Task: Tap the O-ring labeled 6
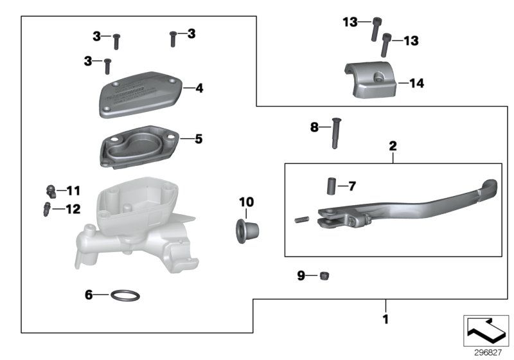pos(126,296)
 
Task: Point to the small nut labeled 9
pos(324,276)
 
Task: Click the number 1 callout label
pos(385,318)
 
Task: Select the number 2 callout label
pos(393,147)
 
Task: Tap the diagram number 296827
pos(486,352)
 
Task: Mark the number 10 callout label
pos(247,203)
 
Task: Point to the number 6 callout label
pos(89,295)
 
